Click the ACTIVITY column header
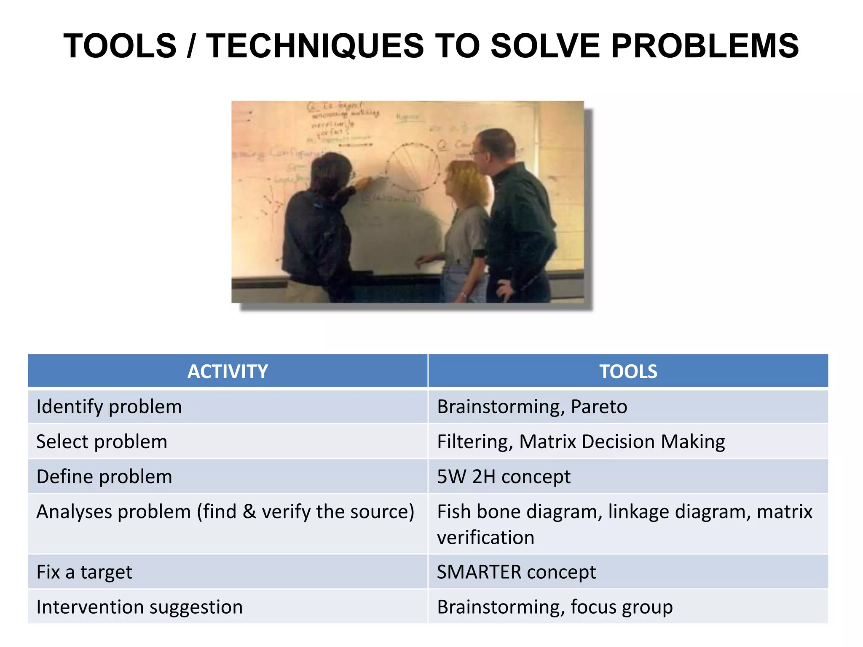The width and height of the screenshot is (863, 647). [228, 372]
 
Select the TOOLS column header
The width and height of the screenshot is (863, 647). [628, 372]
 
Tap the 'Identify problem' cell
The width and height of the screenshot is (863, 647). [109, 407]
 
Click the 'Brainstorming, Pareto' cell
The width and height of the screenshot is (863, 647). [532, 407]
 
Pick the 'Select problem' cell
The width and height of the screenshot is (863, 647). [102, 442]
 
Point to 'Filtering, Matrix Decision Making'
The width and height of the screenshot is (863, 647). [581, 442]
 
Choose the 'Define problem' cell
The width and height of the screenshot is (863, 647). [105, 477]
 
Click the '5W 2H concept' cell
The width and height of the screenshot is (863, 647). [504, 477]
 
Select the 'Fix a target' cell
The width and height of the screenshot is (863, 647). [84, 572]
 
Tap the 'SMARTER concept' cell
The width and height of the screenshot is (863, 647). [516, 572]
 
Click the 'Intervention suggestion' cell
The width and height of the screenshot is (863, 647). [139, 607]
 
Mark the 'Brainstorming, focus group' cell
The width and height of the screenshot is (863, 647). [555, 607]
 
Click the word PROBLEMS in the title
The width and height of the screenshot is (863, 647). [705, 46]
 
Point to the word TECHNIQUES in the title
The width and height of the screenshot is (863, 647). [315, 46]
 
